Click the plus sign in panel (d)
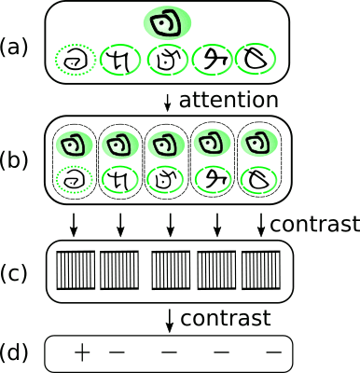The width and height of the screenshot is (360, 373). [x=82, y=352]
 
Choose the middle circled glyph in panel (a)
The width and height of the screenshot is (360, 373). [x=168, y=61]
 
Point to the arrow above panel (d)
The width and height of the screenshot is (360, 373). [x=168, y=319]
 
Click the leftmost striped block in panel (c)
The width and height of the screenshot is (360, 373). [x=74, y=271]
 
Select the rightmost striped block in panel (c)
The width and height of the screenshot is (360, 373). [x=262, y=271]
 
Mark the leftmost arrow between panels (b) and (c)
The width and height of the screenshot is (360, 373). [x=74, y=224]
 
